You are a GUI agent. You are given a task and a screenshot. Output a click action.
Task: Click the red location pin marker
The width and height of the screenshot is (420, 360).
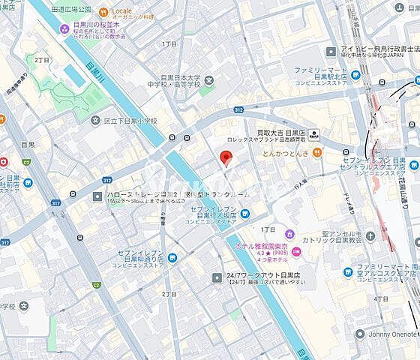[224, 157]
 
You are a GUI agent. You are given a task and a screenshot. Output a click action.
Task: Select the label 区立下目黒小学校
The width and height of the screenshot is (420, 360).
[130, 120]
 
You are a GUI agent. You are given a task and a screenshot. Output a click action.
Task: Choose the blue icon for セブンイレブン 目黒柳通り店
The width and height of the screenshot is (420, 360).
[173, 257]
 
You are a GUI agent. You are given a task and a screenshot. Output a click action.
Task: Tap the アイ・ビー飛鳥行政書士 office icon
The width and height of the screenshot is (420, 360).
[331, 50]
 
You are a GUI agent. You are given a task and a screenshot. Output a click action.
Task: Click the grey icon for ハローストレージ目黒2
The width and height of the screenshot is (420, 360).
[98, 196]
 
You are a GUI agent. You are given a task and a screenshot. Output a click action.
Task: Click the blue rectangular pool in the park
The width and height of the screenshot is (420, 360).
[72, 75]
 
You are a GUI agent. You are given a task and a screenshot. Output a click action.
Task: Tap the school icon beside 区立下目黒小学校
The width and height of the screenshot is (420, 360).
[94, 120]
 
